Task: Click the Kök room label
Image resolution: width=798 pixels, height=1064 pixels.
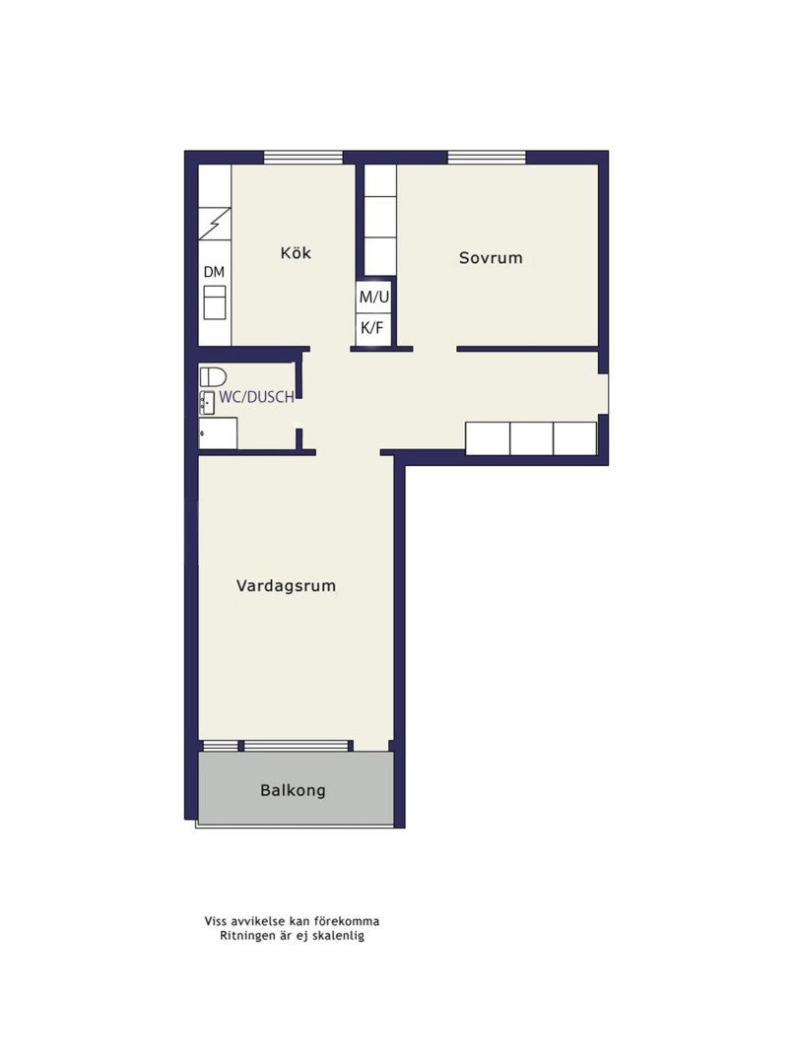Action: coord(296,253)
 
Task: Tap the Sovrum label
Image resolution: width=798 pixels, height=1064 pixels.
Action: coord(491,258)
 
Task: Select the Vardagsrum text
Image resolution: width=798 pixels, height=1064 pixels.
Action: coord(286,585)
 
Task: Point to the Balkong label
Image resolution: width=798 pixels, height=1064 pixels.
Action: coord(294,790)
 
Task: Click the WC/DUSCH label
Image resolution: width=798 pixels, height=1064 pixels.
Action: coord(256,398)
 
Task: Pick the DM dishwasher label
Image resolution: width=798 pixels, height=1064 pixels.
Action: coord(214,272)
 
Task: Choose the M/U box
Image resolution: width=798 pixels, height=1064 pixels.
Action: coord(374,297)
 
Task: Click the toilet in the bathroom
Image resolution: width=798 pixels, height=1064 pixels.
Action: coord(213,376)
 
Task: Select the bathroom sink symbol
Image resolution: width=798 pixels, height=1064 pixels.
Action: coord(207,402)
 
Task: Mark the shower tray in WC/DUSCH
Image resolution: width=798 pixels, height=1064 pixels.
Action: coord(218,432)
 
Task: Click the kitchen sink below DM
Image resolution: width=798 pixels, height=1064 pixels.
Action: coord(215,302)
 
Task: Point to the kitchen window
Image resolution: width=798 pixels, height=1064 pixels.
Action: coord(302,158)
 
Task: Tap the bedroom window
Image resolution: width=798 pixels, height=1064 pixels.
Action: coord(487,158)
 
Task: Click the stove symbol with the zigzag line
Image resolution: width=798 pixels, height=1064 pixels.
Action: coord(215,224)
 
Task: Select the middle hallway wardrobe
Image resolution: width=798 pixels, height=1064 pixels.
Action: coord(531,438)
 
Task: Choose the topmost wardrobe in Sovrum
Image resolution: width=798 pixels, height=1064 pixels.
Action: coord(380,181)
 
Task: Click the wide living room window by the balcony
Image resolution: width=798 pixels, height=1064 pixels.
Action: coord(296,746)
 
